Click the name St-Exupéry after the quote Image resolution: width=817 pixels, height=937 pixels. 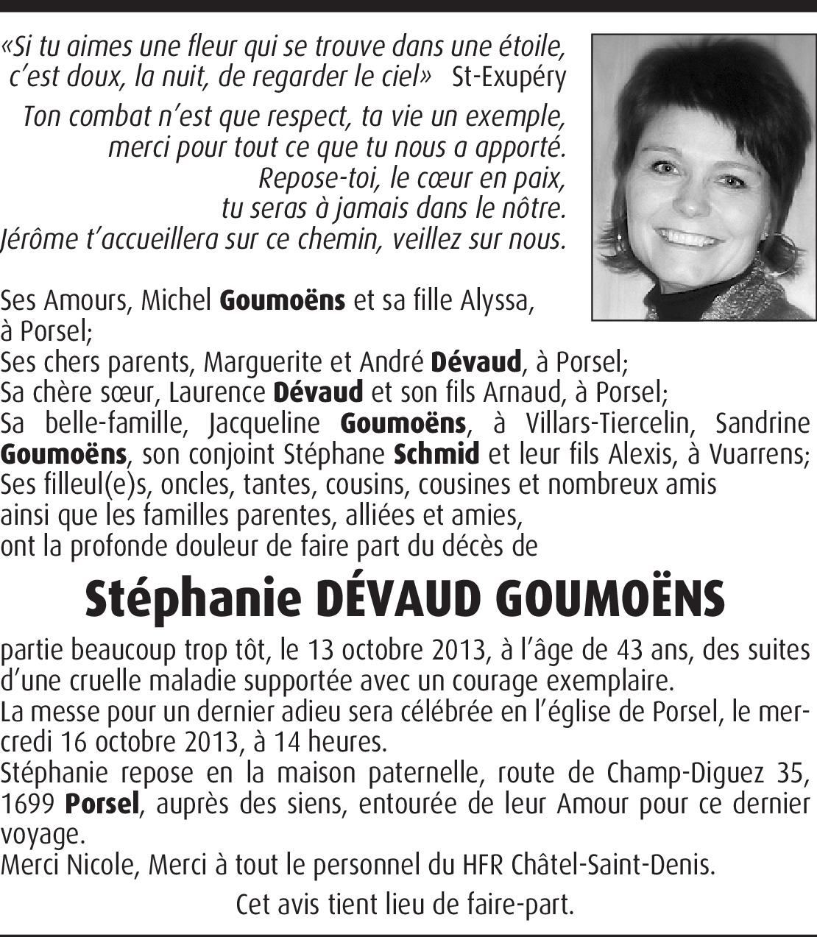[509, 77]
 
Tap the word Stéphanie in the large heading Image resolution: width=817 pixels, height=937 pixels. [194, 599]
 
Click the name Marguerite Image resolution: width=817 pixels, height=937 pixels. [255, 361]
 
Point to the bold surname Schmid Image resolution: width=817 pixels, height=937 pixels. [437, 453]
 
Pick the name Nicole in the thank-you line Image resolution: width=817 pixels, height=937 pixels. [102, 866]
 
